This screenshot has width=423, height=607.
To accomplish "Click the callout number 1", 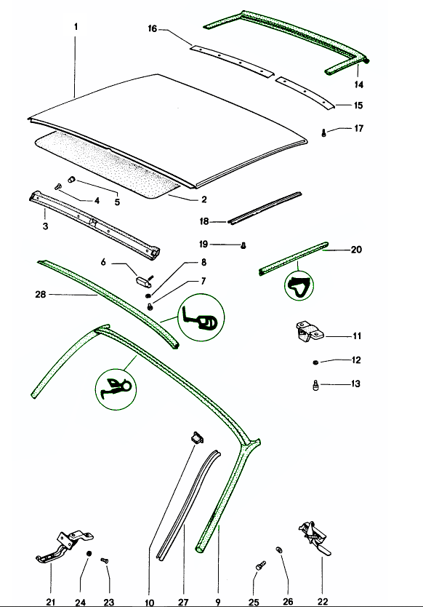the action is tap(76, 27).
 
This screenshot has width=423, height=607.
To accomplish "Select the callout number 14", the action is tap(359, 84).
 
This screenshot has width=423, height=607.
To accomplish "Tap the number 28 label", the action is tap(41, 295).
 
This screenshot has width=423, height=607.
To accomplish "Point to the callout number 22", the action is tap(323, 601).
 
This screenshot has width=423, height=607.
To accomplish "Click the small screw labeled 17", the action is tap(323, 132).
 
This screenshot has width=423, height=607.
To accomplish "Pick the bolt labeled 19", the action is tap(243, 245).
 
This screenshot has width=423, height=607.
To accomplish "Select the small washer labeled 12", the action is tap(315, 362).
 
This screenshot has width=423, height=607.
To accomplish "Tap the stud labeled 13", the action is tap(315, 386).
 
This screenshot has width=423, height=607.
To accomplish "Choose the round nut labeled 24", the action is tap(89, 554).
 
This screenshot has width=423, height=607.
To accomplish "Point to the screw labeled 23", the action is tap(105, 560).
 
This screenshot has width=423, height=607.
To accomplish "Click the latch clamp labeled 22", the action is tap(314, 537).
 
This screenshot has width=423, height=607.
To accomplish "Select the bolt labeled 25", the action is tap(261, 566).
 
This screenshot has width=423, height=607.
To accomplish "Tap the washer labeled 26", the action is tap(278, 550).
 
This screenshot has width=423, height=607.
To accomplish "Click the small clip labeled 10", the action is tap(197, 437).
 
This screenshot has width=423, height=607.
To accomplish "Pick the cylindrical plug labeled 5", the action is tap(71, 179).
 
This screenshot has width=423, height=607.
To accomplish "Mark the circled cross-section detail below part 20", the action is tap(299, 286).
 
